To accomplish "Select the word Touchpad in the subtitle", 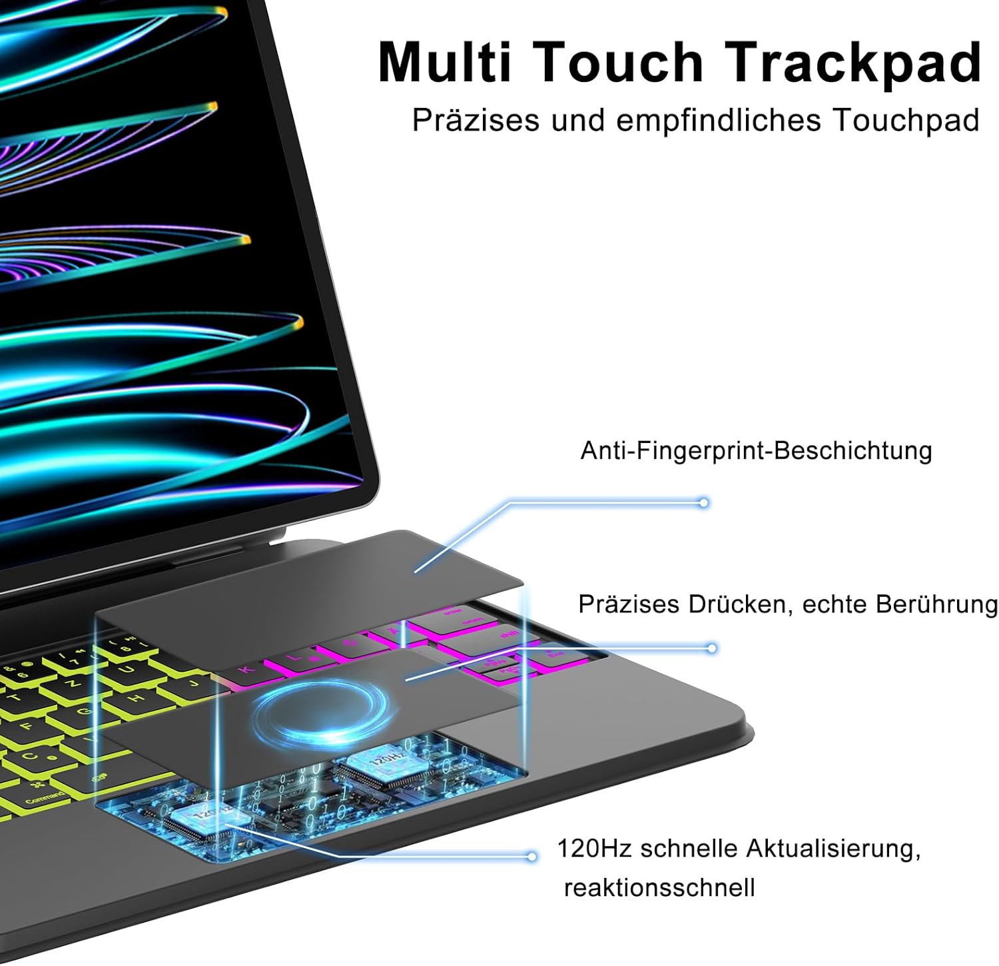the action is point(906,121).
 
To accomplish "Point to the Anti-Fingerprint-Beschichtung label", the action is point(756,451).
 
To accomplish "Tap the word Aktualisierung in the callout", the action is point(833,849).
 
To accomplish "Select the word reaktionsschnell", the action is point(659,887).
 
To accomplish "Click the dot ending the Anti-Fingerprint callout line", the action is point(703,503).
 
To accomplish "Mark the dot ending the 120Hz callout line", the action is point(531,856).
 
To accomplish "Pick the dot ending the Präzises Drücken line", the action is point(712,648).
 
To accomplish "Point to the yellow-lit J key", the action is point(193,683).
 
